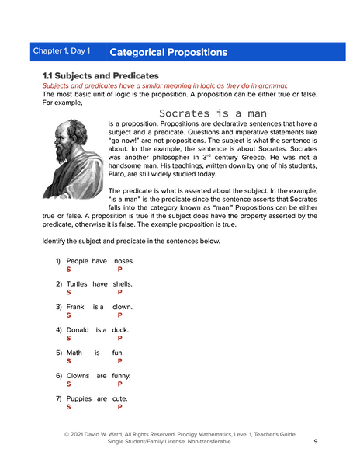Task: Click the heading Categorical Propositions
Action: coord(168,53)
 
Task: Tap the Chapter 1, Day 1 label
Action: coord(61,52)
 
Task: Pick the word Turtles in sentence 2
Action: coord(76,283)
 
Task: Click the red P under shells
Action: coord(119,293)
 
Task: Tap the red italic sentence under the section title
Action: coord(164,85)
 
